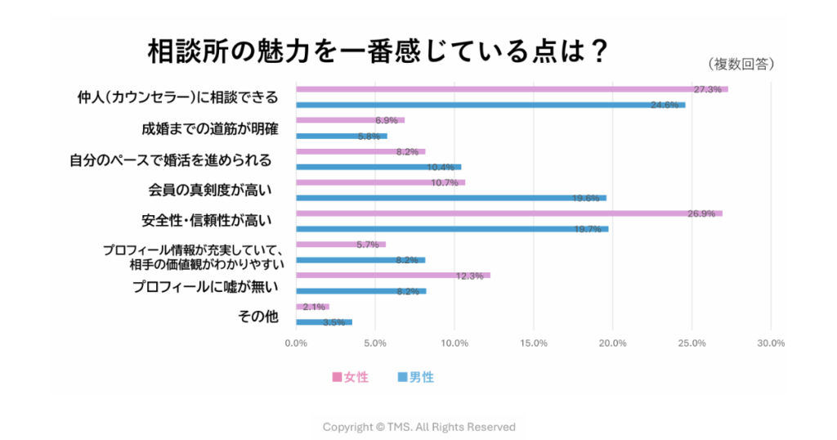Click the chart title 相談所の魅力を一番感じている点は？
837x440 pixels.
[x=377, y=51]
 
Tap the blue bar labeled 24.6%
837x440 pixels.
[x=490, y=105]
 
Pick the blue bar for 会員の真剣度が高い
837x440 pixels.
[x=450, y=198]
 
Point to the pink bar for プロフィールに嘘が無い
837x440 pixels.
[x=392, y=276]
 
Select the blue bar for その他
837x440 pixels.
[x=324, y=322]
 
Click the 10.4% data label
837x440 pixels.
[x=442, y=167]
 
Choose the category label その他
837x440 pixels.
[x=258, y=316]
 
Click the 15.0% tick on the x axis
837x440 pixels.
[x=533, y=343]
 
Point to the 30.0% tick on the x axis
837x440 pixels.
[x=771, y=343]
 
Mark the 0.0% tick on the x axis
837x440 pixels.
[x=296, y=343]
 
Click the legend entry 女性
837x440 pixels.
[x=351, y=377]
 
